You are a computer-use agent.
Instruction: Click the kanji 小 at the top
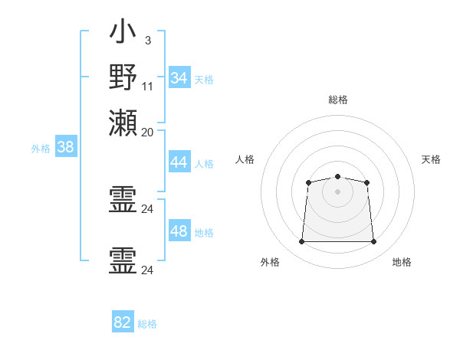[123, 31]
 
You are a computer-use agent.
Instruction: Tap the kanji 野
[123, 77]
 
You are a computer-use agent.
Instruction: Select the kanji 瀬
[123, 123]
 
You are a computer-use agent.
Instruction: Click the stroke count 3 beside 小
[148, 41]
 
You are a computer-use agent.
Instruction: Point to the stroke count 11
[147, 87]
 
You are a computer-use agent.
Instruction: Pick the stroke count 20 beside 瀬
[147, 133]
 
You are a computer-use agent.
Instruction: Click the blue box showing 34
[179, 77]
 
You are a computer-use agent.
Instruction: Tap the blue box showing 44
[179, 162]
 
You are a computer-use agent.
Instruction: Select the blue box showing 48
[179, 230]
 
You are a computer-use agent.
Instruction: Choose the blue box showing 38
[66, 146]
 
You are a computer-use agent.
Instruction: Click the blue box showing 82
[123, 321]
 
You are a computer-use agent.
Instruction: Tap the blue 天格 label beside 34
[204, 80]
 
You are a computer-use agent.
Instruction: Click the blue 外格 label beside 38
[41, 149]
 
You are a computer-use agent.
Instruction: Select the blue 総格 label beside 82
[147, 324]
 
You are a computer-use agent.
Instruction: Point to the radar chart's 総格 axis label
[338, 100]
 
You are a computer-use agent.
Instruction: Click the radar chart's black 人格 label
[245, 159]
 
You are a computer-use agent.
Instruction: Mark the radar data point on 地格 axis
[373, 241]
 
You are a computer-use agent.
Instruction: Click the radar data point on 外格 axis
[301, 241]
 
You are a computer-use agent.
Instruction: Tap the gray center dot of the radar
[337, 191]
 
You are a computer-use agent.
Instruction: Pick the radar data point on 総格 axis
[337, 176]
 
